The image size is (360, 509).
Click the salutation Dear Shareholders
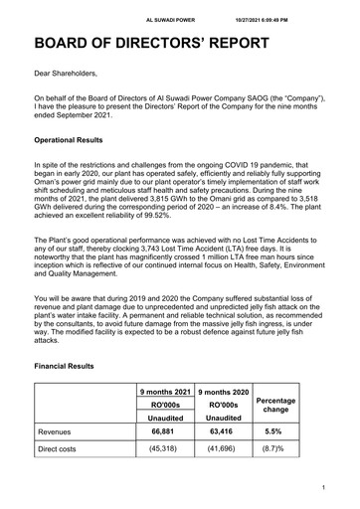click(73, 73)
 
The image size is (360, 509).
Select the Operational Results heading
click(76, 142)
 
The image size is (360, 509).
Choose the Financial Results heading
click(65, 366)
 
